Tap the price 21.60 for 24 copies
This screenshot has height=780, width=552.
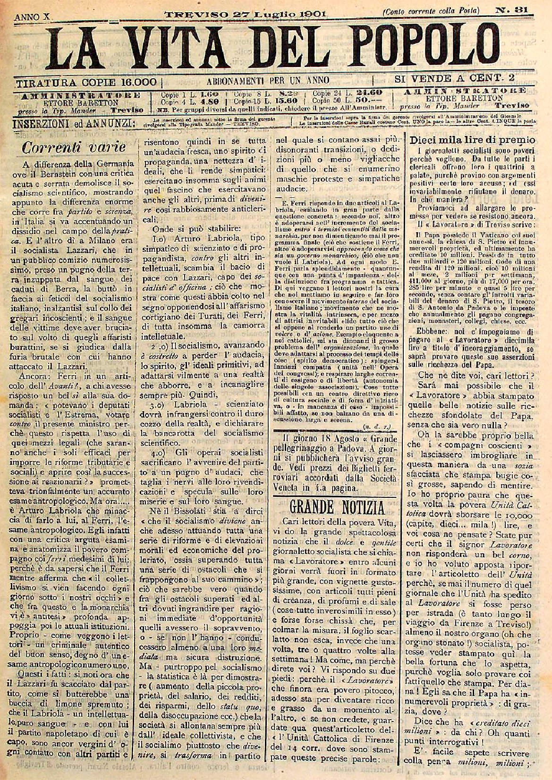(x=369, y=92)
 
